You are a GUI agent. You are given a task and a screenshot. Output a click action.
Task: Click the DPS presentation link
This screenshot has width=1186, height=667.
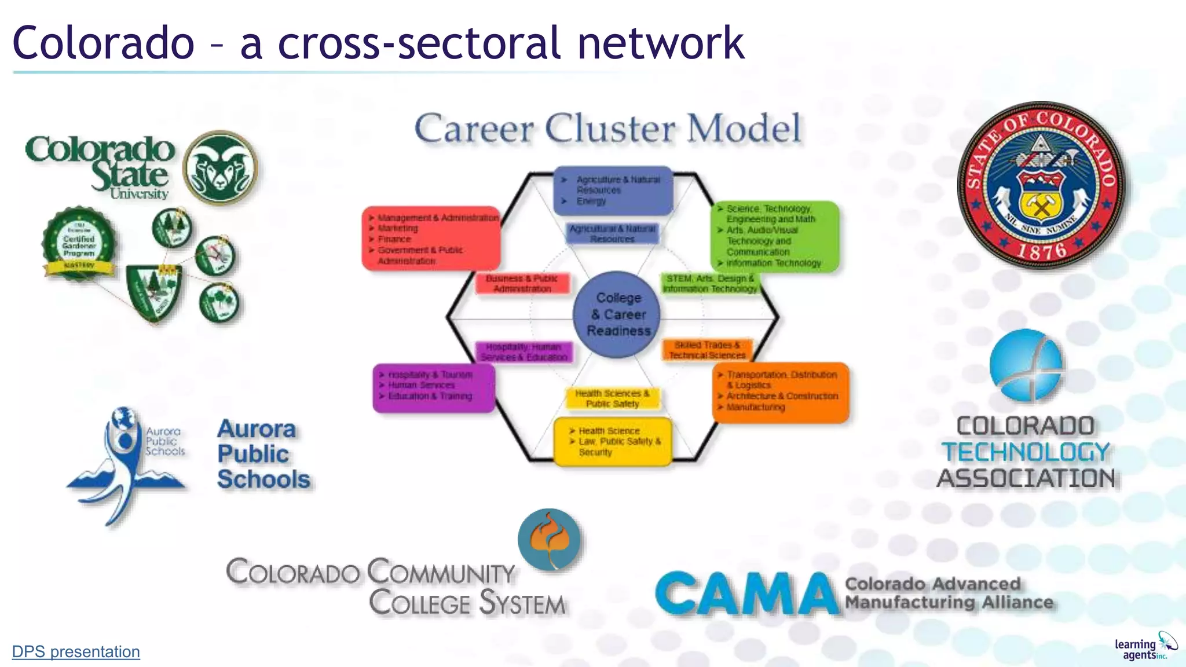click(76, 652)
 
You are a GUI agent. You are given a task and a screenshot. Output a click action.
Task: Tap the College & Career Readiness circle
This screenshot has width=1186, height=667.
click(617, 314)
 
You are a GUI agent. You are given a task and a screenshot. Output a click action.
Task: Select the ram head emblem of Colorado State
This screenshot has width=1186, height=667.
click(220, 168)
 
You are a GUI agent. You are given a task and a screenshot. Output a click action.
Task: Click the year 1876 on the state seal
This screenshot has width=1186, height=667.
click(1042, 251)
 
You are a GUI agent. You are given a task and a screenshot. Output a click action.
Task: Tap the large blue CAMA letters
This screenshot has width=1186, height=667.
click(747, 593)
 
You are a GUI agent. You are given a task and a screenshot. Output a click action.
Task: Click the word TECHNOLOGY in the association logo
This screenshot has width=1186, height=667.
click(1026, 452)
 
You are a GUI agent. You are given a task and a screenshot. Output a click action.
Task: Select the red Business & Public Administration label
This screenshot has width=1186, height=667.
click(522, 284)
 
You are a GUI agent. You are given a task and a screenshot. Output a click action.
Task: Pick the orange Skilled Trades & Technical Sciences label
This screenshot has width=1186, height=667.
click(707, 350)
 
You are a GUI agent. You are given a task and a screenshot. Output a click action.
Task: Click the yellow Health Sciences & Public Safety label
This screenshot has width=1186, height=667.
click(612, 398)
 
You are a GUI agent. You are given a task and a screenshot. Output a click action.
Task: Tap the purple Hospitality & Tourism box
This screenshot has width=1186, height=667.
click(433, 387)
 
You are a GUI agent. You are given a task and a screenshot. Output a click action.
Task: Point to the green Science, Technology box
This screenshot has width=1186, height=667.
click(774, 236)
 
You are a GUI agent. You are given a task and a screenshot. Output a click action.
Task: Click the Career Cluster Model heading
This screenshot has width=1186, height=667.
click(608, 129)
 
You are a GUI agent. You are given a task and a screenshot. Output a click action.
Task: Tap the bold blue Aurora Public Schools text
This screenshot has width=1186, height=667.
click(263, 454)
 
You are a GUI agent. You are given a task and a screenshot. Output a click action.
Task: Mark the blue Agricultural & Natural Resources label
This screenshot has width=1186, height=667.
click(612, 233)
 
